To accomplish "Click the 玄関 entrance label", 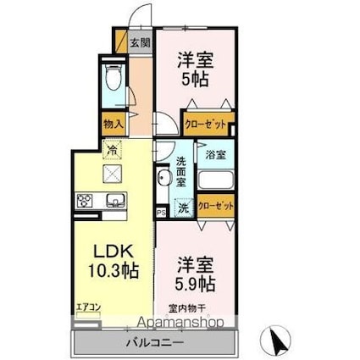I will point(139,42).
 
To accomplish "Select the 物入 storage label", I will point(113,123).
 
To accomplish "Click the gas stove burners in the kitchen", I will point(86,201).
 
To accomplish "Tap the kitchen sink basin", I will point(114,201).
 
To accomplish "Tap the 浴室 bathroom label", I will point(216,155).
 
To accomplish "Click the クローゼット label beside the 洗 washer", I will point(215,206).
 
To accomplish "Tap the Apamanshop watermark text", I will point(178,324).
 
